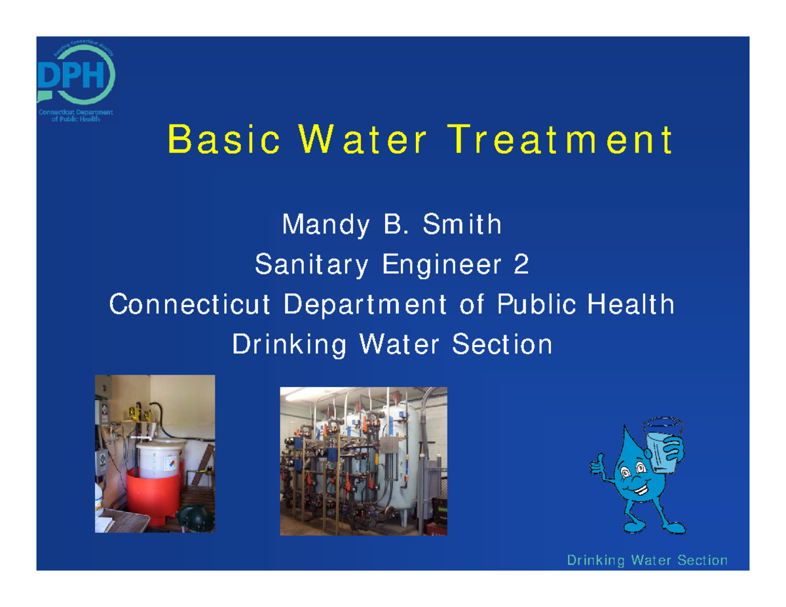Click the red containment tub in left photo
point(152,494)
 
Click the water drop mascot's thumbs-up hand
point(598,464)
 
